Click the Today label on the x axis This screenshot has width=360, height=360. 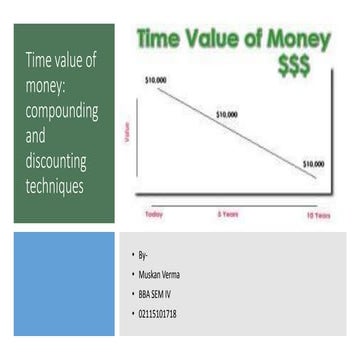pyautogui.click(x=154, y=214)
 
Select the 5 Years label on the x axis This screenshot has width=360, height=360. pyautogui.click(x=227, y=214)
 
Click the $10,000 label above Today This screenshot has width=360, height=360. pyautogui.click(x=155, y=78)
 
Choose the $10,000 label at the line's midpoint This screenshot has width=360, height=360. pyautogui.click(x=227, y=114)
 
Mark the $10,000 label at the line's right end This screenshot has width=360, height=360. pyautogui.click(x=313, y=163)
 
